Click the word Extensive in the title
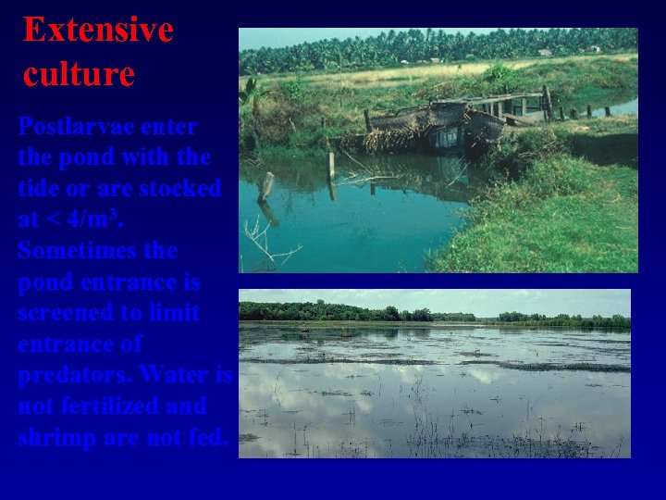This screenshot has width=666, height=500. pos(98,30)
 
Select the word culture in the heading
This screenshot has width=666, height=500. pos(79,73)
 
